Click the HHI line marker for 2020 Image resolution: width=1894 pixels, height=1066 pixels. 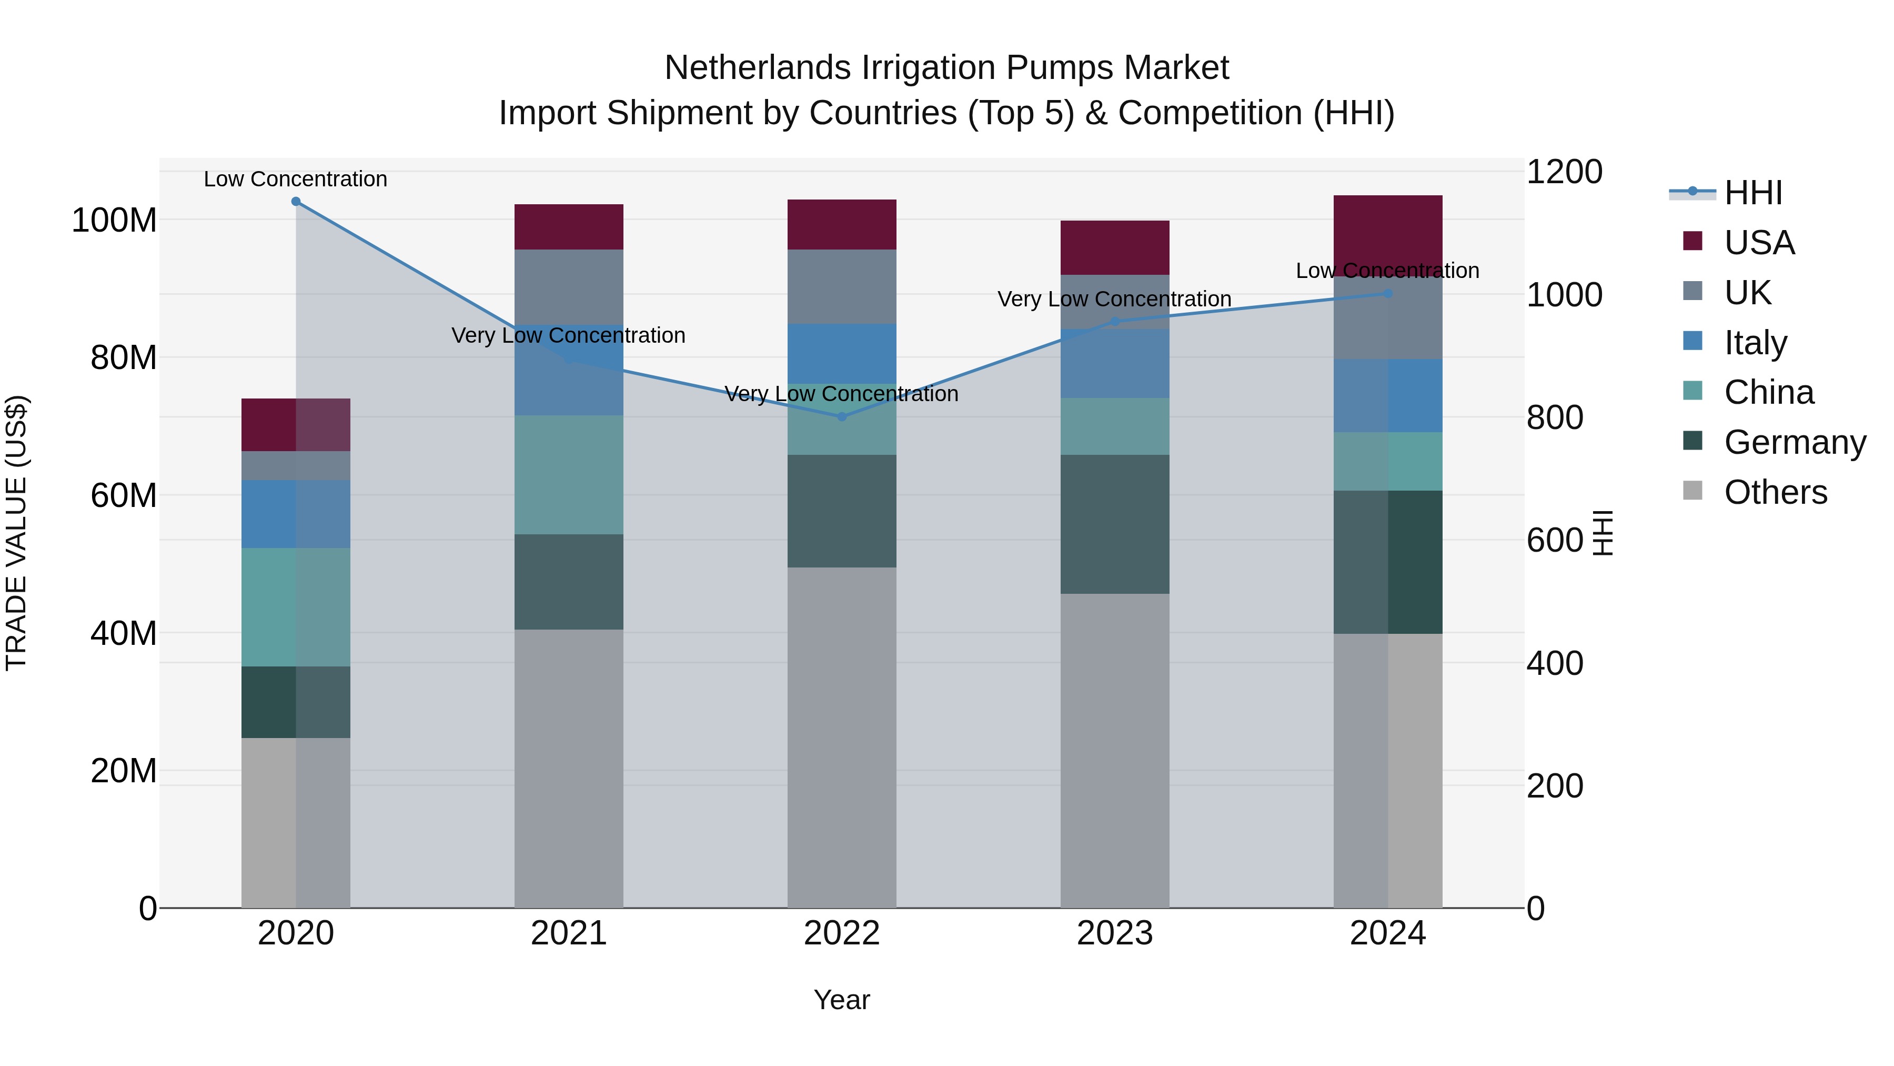[296, 202]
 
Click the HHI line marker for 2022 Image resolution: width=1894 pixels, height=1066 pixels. [842, 417]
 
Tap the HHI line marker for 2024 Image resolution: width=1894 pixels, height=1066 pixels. [1387, 294]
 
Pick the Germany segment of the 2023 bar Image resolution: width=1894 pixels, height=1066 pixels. [1115, 524]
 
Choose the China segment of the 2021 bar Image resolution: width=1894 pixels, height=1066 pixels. [568, 474]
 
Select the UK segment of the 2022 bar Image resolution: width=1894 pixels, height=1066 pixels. [842, 286]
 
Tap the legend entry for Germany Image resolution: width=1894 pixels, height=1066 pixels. [1794, 442]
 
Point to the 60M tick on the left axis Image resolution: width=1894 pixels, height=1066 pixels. [124, 496]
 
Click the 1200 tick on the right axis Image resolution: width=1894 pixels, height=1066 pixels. [1564, 172]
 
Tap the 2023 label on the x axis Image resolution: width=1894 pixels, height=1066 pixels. [1115, 933]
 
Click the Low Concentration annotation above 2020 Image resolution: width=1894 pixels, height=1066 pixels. [296, 179]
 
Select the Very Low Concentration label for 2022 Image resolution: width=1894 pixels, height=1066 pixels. [842, 394]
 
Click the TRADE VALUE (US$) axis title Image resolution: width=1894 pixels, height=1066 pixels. [16, 533]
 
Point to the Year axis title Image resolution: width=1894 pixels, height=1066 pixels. [842, 1000]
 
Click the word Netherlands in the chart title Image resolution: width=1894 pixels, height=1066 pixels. [757, 68]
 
